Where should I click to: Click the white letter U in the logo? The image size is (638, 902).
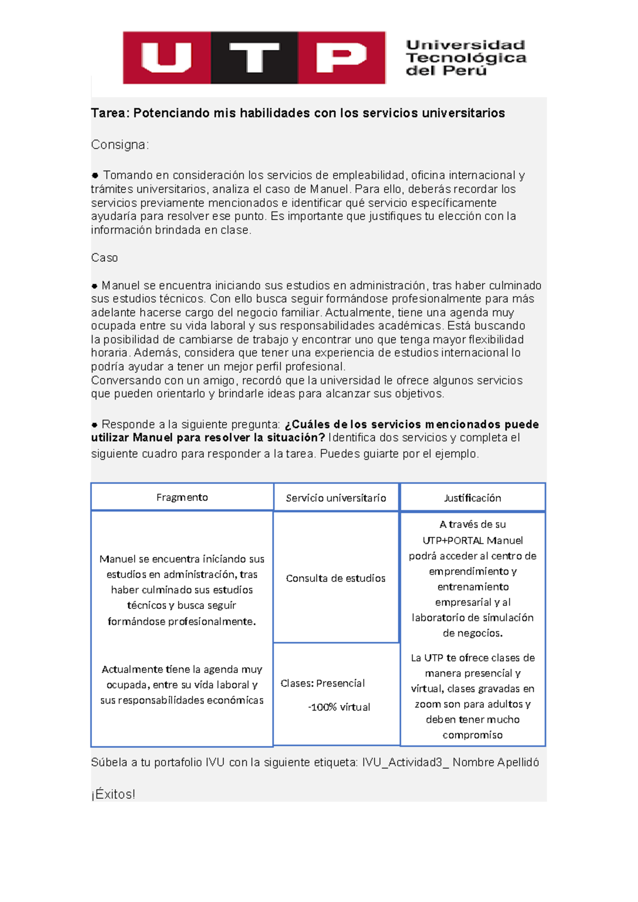pyautogui.click(x=166, y=57)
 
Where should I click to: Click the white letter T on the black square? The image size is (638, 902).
pyautogui.click(x=254, y=57)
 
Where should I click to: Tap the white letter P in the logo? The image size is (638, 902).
pyautogui.click(x=340, y=57)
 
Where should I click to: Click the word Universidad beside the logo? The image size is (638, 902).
pyautogui.click(x=466, y=45)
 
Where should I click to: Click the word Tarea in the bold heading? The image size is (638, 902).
pyautogui.click(x=110, y=113)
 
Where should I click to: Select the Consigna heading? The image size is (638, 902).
pyautogui.click(x=120, y=145)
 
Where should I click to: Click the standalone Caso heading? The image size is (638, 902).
pyautogui.click(x=104, y=258)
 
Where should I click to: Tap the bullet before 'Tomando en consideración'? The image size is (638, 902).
pyautogui.click(x=95, y=176)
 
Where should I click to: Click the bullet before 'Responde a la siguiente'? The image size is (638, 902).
pyautogui.click(x=95, y=425)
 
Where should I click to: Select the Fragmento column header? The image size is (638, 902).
pyautogui.click(x=182, y=497)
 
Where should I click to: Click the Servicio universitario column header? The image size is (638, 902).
pyautogui.click(x=336, y=498)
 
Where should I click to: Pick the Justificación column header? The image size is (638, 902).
pyautogui.click(x=473, y=498)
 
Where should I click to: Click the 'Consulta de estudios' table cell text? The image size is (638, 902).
pyautogui.click(x=335, y=579)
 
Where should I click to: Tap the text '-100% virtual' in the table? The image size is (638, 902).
pyautogui.click(x=339, y=707)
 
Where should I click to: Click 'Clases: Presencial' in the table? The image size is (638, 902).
pyautogui.click(x=323, y=683)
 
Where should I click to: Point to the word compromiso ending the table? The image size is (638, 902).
pyautogui.click(x=473, y=735)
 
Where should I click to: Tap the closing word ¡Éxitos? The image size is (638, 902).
pyautogui.click(x=113, y=795)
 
